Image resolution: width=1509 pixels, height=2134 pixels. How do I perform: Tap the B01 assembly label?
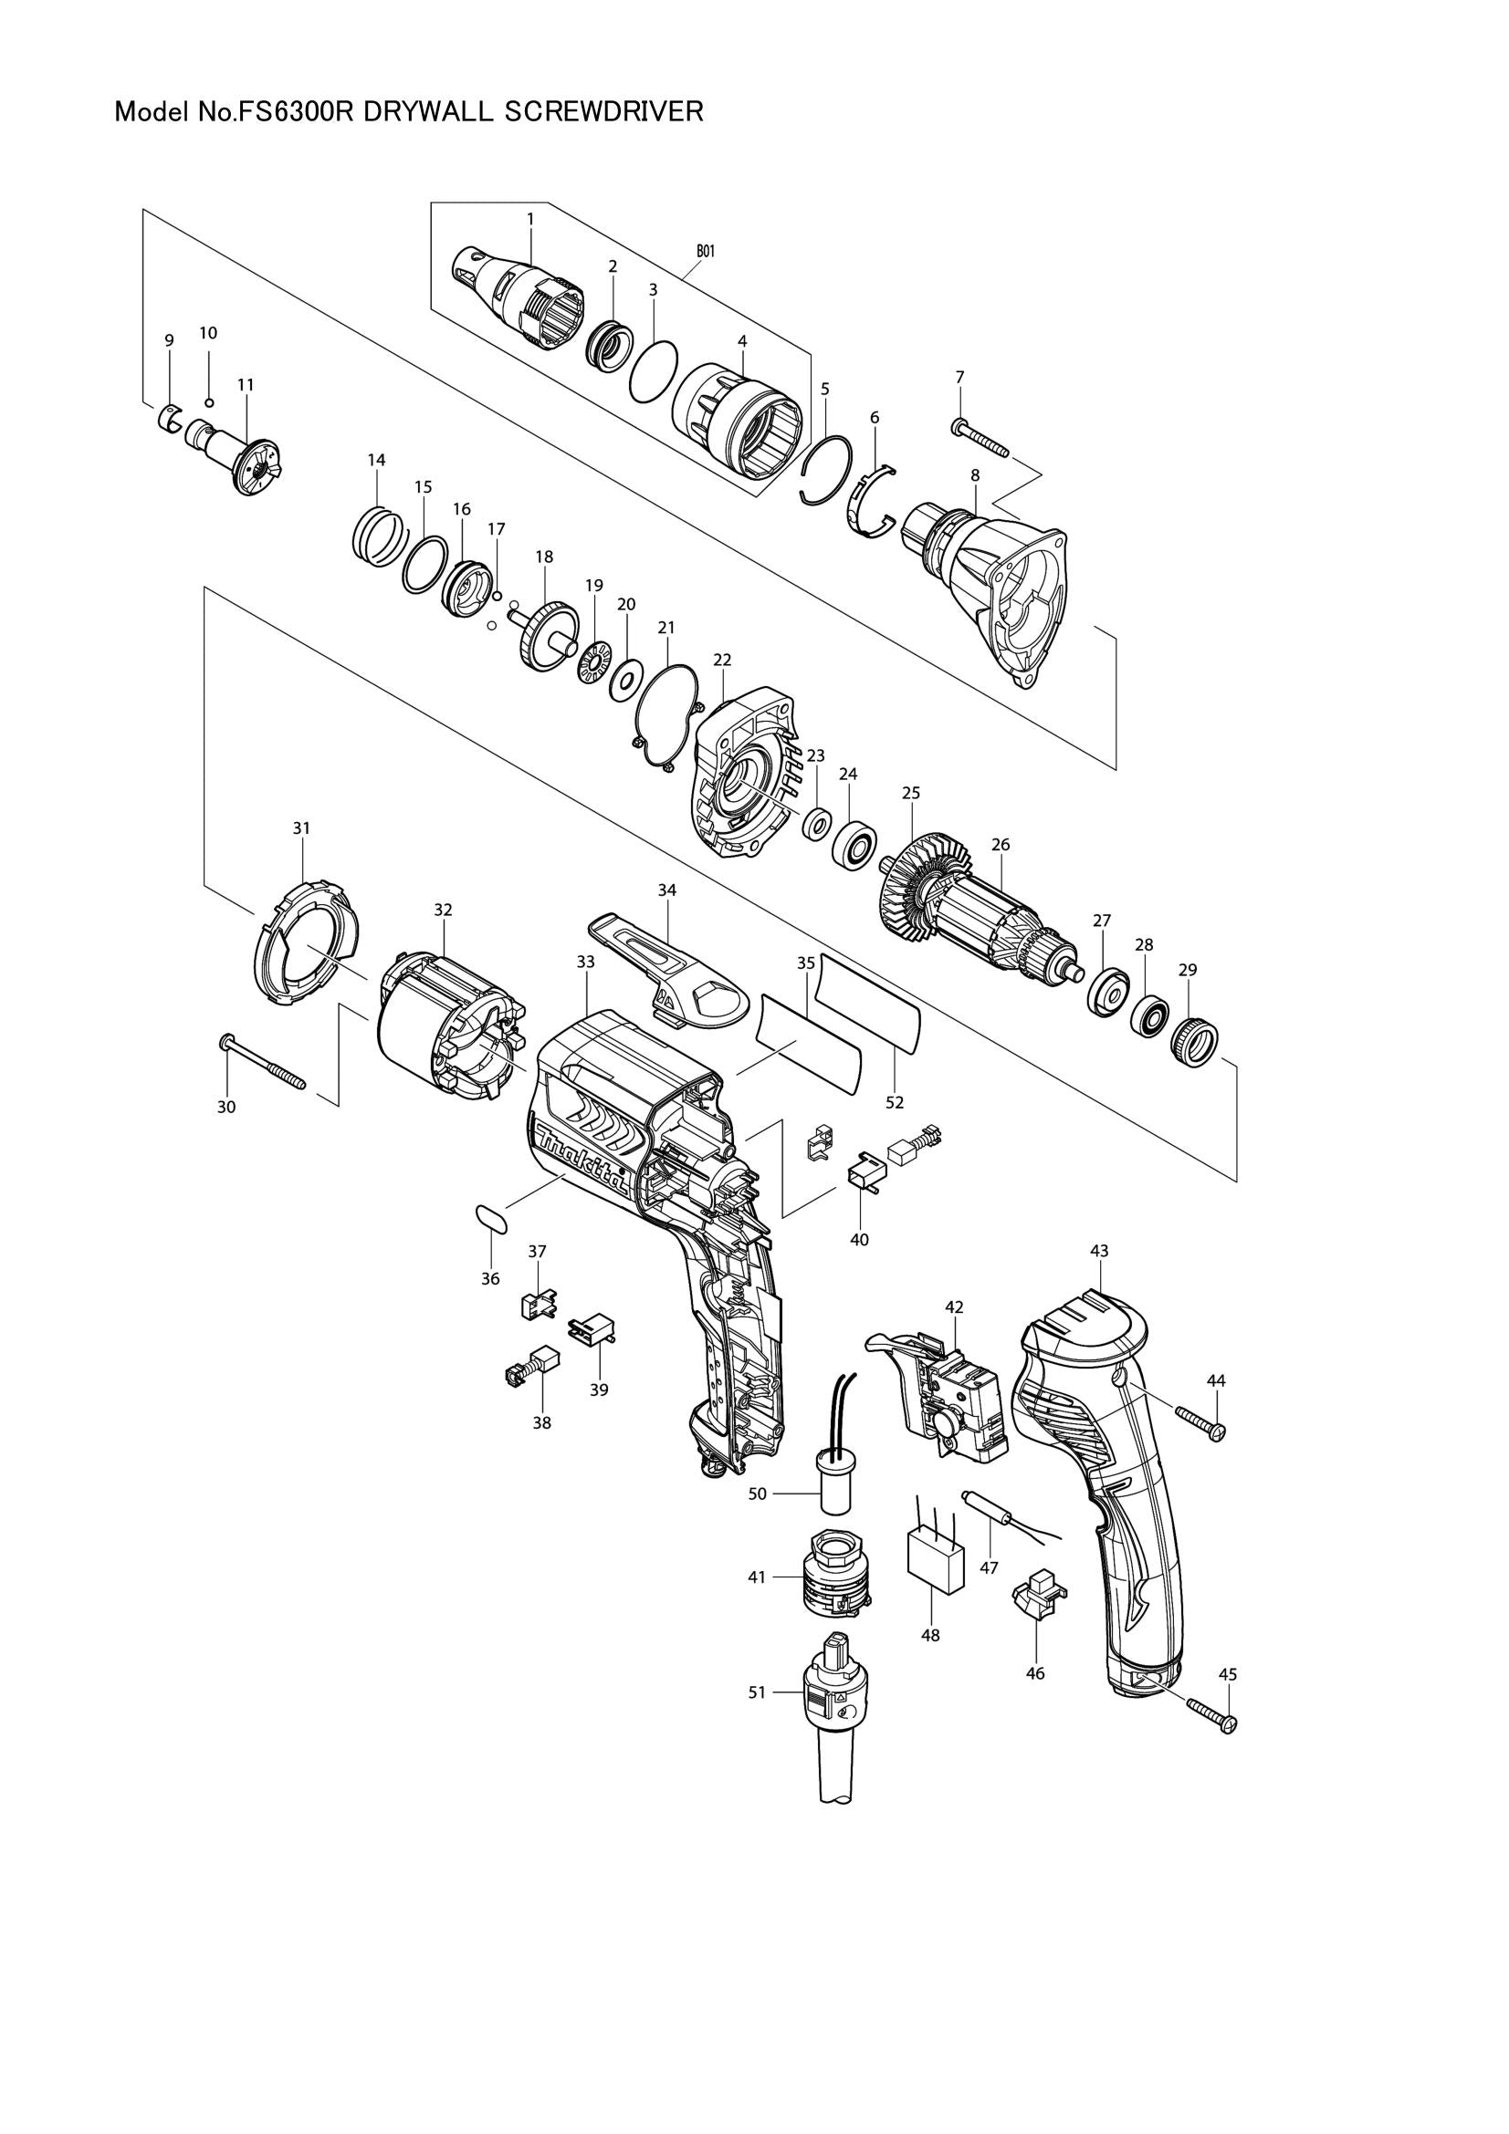706,251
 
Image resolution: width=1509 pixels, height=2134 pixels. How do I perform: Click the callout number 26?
1001,845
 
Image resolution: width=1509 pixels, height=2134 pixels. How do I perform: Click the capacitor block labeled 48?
936,1564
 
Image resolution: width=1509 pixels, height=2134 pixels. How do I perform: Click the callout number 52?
895,1102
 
